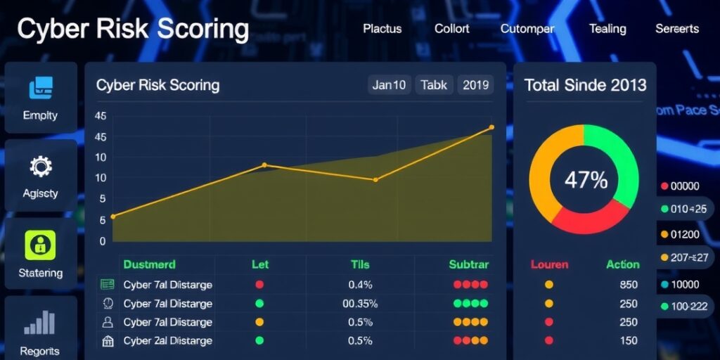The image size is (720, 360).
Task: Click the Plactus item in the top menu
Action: [x=382, y=29]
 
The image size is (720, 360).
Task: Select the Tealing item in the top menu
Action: [x=607, y=29]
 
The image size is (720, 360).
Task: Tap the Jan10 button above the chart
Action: [x=389, y=85]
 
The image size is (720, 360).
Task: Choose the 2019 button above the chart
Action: [x=476, y=85]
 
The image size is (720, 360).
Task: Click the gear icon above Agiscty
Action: [x=41, y=167]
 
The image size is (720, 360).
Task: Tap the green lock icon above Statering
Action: [x=40, y=245]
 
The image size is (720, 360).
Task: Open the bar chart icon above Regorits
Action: [x=40, y=322]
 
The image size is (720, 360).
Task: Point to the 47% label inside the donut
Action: [x=586, y=180]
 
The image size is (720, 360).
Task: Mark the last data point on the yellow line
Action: [x=491, y=127]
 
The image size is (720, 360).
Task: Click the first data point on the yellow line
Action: [x=113, y=217]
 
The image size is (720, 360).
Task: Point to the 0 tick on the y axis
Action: [x=103, y=241]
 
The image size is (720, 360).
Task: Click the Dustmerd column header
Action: [x=149, y=265]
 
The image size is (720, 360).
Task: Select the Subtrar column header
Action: [x=468, y=265]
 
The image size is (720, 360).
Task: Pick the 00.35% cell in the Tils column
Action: [x=360, y=304]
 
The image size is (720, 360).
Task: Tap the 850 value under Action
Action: [x=628, y=285]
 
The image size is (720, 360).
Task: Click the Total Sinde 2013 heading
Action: [x=585, y=85]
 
